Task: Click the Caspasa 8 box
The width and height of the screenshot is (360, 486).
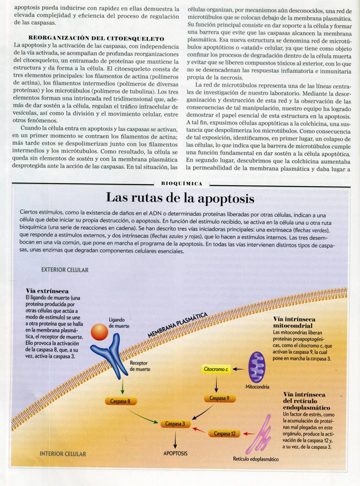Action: tap(121, 401)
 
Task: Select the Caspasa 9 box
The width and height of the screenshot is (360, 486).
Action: tap(219, 398)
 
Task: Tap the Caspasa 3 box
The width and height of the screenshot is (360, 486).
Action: tap(175, 424)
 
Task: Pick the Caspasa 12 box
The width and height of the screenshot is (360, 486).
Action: tap(224, 434)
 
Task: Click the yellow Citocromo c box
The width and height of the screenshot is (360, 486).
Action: tap(216, 369)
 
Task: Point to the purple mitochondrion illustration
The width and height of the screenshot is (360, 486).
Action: tap(257, 367)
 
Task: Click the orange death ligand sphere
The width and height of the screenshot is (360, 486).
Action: tap(99, 332)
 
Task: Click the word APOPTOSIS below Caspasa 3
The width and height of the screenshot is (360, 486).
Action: tap(175, 453)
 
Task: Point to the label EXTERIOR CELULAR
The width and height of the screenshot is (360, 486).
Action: tap(65, 270)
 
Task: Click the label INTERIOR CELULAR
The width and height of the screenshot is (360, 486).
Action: tap(63, 454)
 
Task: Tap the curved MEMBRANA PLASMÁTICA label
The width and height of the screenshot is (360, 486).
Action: tap(177, 325)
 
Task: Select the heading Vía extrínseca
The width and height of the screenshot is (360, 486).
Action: tap(47, 291)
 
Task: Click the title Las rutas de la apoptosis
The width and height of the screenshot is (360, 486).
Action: tap(180, 198)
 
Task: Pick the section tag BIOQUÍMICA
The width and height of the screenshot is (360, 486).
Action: tap(182, 183)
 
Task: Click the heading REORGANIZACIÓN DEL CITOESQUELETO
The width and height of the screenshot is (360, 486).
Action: tap(96, 38)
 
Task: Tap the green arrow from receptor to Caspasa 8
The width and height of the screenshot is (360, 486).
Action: tap(122, 387)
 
